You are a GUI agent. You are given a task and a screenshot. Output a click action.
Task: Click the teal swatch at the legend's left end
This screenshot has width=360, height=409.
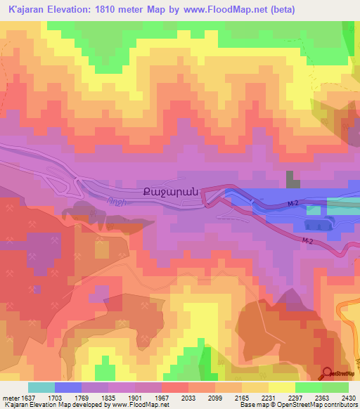pyautogui.click(x=41, y=387)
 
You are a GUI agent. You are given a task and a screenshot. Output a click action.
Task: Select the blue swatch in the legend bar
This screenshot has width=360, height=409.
pyautogui.click(x=68, y=387)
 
